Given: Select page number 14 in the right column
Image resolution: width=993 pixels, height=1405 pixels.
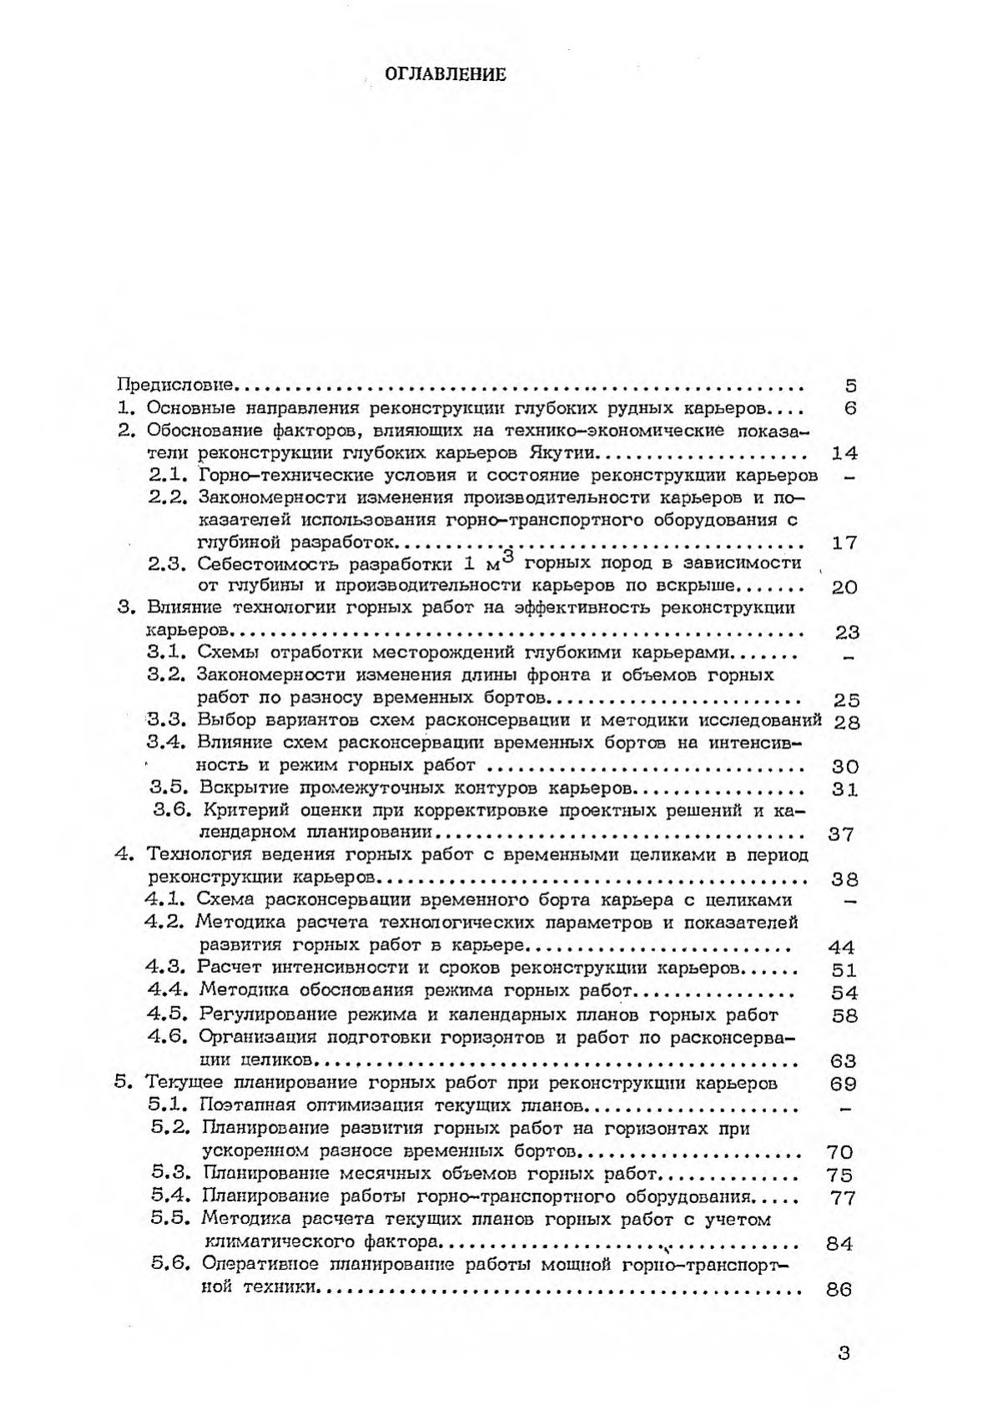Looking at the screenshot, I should pos(845,453).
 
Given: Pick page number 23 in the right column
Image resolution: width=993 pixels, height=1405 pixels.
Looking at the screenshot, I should pos(846,632).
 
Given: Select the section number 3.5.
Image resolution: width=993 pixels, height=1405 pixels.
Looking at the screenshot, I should pos(168,788).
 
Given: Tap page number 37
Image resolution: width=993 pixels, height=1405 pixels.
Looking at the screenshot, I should pos(839,833).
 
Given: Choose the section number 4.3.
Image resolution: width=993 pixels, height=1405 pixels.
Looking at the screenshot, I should pos(164,968).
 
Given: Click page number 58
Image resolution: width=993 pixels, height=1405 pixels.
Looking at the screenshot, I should pos(845,1015).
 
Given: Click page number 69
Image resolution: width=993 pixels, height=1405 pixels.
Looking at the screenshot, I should pos(844,1084).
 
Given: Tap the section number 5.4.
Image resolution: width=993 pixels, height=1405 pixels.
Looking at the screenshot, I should pos(171,1197).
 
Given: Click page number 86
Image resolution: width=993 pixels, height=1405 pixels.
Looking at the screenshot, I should pos(838,1289).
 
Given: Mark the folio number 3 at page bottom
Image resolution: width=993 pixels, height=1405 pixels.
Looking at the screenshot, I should pos(844,1353).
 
